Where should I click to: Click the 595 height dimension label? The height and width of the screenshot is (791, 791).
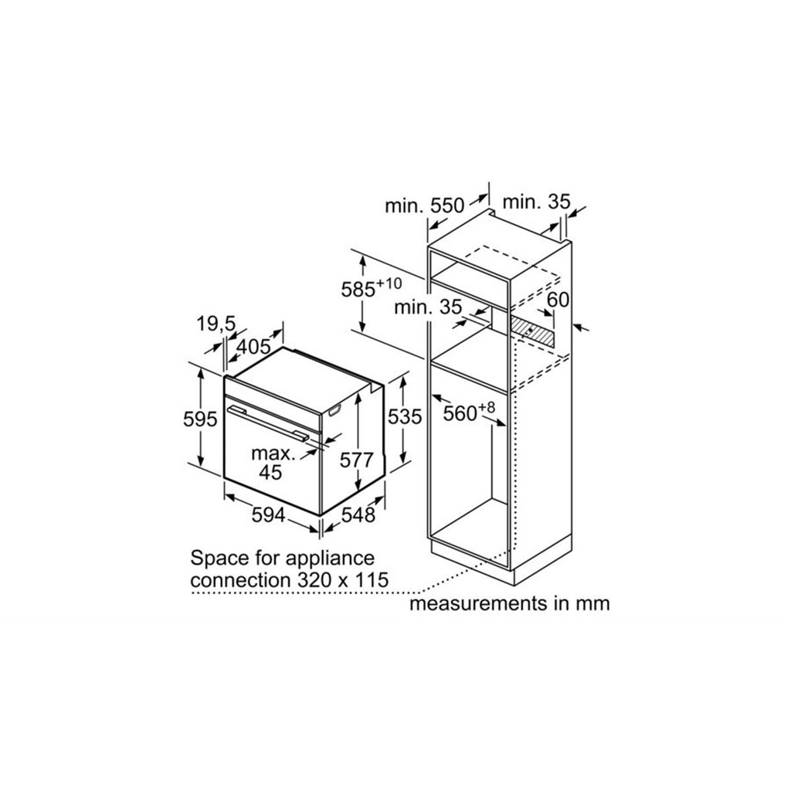[200, 419]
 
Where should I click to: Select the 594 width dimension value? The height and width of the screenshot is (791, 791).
[268, 515]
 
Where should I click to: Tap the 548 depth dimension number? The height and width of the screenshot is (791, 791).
[358, 515]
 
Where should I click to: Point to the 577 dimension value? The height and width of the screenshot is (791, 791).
[357, 460]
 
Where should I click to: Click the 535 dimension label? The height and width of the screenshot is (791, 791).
[405, 416]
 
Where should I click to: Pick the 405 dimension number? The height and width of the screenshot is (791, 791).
[253, 347]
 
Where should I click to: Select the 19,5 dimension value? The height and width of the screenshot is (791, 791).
[216, 324]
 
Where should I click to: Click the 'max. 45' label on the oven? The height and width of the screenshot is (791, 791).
[273, 463]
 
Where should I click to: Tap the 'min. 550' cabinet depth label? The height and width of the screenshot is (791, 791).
[424, 205]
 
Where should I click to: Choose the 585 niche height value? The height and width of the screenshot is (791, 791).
[358, 290]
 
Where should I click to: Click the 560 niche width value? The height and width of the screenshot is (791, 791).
[460, 414]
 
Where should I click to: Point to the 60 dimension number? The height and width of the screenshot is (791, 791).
[558, 300]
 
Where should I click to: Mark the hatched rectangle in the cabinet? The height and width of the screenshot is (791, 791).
[531, 330]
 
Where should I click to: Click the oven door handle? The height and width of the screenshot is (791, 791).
[268, 424]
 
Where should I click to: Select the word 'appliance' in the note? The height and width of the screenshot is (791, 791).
[330, 559]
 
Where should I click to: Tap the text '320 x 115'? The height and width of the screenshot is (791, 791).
[342, 580]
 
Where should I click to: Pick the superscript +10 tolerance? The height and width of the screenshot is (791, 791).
[389, 283]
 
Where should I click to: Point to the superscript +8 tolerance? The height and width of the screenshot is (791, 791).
[487, 407]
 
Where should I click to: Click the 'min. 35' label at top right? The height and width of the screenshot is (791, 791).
[536, 202]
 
